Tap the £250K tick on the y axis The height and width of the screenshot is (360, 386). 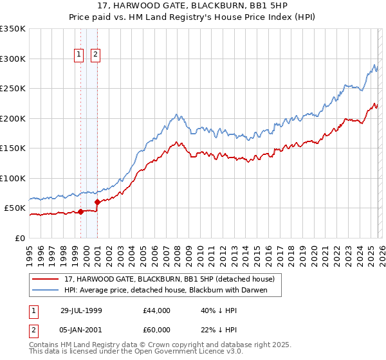[13, 89]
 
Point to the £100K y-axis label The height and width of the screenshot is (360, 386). [13, 178]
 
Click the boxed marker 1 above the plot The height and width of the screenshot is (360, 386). [79, 55]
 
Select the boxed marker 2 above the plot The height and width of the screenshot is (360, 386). [95, 55]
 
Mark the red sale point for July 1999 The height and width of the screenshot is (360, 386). [81, 212]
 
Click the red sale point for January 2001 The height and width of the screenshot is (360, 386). [97, 202]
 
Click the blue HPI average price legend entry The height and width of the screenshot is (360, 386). [165, 291]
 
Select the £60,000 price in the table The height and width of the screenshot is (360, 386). [157, 330]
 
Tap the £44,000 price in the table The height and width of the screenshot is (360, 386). [157, 310]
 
